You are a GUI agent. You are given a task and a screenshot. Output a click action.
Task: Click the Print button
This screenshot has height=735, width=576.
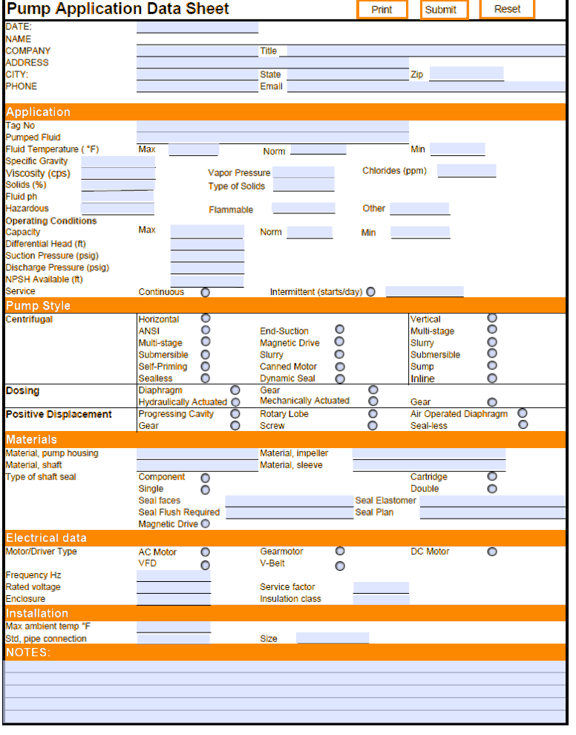pyautogui.click(x=382, y=10)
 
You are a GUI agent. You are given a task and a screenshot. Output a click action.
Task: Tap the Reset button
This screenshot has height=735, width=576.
pyautogui.click(x=507, y=9)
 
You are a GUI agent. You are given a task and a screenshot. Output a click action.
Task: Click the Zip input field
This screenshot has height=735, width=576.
pyautogui.click(x=466, y=74)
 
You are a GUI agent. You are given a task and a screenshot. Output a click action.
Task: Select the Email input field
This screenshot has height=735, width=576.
pyautogui.click(x=425, y=86)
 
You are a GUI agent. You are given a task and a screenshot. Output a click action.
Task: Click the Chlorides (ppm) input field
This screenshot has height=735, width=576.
pyautogui.click(x=466, y=171)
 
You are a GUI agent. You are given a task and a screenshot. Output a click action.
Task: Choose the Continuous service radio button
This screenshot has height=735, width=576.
pyautogui.click(x=206, y=292)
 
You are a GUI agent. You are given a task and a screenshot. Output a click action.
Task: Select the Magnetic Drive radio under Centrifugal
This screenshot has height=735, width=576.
pyautogui.click(x=339, y=342)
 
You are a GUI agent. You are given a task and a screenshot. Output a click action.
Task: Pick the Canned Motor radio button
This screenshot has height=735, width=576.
pyautogui.click(x=339, y=366)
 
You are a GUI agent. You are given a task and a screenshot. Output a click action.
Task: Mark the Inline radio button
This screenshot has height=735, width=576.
pyautogui.click(x=492, y=378)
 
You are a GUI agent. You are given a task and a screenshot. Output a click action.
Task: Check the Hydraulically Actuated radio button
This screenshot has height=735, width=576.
pyautogui.click(x=235, y=402)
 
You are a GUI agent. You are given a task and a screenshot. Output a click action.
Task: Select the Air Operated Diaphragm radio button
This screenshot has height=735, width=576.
pyautogui.click(x=523, y=413)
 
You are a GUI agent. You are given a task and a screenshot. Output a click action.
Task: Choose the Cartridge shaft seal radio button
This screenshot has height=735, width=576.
pyautogui.click(x=492, y=476)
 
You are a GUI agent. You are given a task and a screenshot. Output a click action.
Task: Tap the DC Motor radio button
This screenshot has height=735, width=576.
pyautogui.click(x=492, y=551)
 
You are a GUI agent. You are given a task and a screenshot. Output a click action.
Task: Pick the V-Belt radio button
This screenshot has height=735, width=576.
pyautogui.click(x=340, y=566)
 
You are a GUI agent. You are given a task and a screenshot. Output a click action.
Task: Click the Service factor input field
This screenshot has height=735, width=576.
pyautogui.click(x=381, y=587)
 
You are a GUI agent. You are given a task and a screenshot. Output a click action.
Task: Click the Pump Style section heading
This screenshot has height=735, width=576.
pyautogui.click(x=39, y=306)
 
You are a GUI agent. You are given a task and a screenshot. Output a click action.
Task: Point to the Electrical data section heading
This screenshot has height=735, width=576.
pyautogui.click(x=47, y=538)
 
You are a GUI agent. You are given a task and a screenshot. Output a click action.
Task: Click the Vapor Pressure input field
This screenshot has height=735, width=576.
pyautogui.click(x=303, y=172)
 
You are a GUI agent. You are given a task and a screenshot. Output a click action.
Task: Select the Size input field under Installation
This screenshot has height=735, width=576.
pyautogui.click(x=333, y=638)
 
